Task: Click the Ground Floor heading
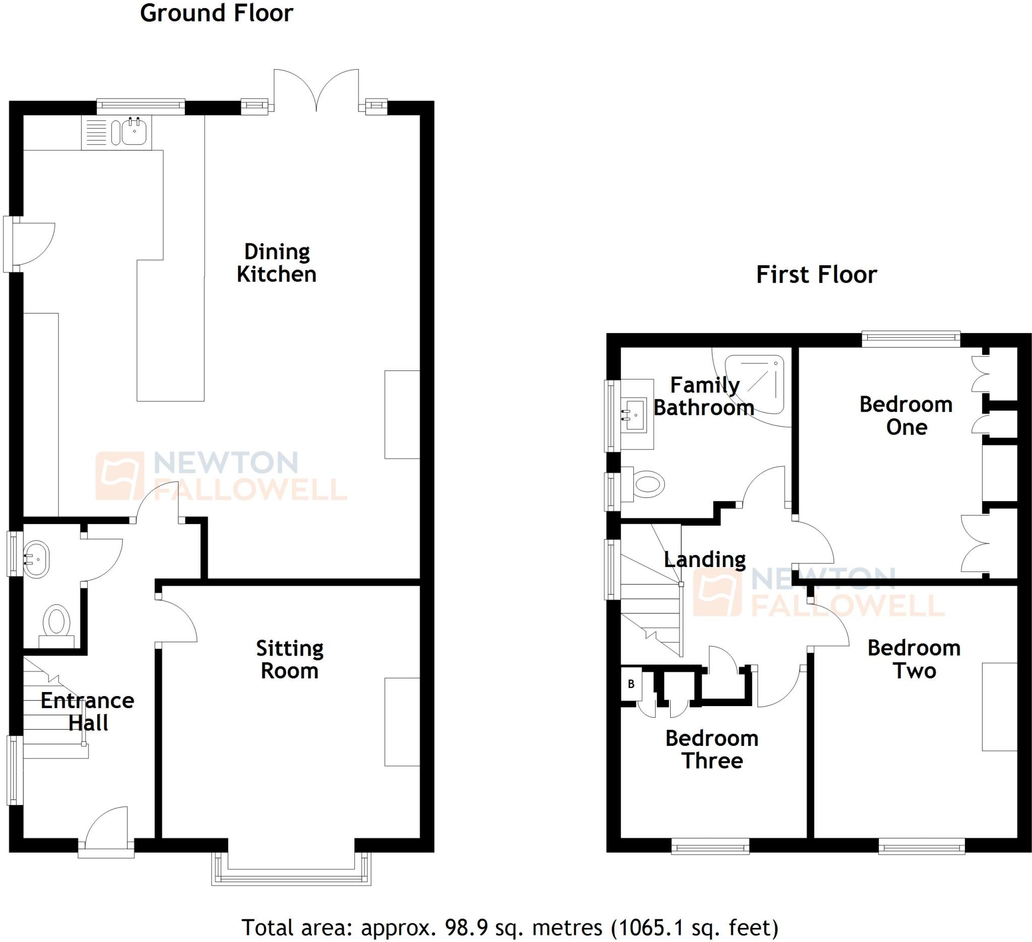tap(217, 13)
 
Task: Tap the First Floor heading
tap(816, 275)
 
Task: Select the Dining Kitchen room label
tap(277, 263)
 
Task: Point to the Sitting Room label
tap(290, 660)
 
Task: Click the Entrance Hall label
tap(88, 712)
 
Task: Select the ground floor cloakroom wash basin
tap(37, 559)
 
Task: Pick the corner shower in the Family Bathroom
tap(755, 384)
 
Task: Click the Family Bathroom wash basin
tap(635, 414)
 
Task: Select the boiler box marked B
tap(631, 684)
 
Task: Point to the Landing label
tap(704, 559)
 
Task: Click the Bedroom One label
tap(906, 416)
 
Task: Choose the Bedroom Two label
tap(914, 659)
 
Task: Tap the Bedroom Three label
tap(712, 749)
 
